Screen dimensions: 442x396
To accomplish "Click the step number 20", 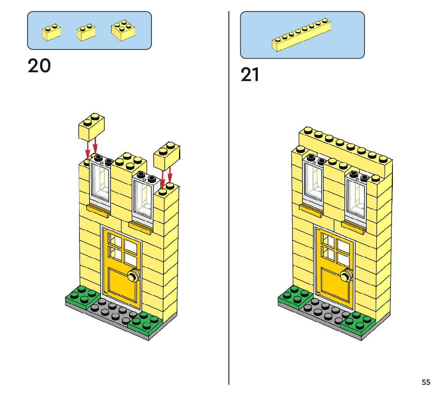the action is click(x=39, y=66).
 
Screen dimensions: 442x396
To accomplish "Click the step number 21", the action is click(x=250, y=75).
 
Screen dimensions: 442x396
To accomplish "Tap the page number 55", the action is click(x=426, y=382).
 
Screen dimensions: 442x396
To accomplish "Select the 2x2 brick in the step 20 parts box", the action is click(x=123, y=30).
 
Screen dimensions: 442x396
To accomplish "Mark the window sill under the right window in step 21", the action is click(x=353, y=228).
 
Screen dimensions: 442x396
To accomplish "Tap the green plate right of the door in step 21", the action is click(x=358, y=323).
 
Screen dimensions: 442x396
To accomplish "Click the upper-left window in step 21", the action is click(x=313, y=180).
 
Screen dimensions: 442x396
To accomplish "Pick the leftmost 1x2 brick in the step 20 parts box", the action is click(x=51, y=32).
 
